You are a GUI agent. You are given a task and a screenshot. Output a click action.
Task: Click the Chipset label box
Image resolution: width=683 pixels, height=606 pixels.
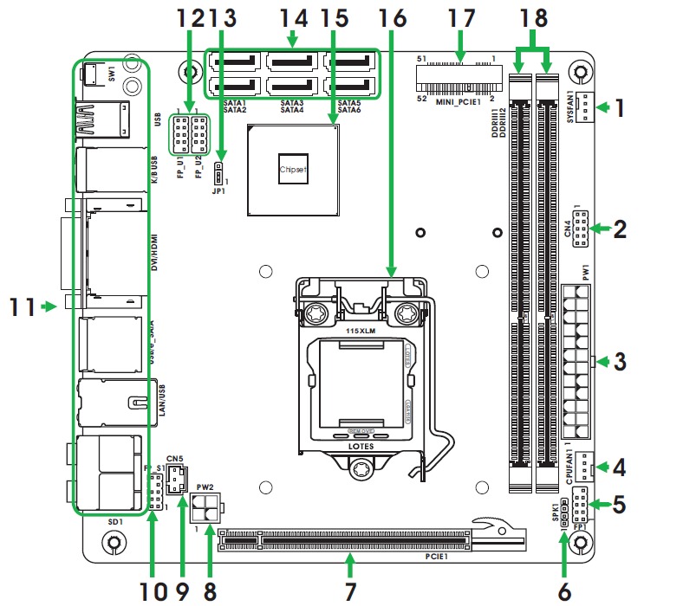(x=293, y=170)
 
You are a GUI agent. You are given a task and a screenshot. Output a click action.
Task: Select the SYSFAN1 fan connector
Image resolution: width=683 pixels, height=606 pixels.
(x=588, y=108)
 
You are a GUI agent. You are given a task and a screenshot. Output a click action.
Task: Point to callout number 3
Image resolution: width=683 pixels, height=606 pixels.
(x=620, y=362)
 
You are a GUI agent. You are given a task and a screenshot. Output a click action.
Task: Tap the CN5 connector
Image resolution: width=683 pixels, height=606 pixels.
(x=177, y=478)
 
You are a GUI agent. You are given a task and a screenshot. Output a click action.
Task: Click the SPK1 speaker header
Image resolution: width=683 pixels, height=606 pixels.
(x=564, y=513)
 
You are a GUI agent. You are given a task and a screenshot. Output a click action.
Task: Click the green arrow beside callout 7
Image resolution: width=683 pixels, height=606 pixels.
(x=350, y=564)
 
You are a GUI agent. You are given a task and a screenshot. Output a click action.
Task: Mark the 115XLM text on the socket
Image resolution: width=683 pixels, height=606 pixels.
(x=360, y=331)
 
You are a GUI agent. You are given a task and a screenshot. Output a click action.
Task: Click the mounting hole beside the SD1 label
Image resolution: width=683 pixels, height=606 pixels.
(x=112, y=543)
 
